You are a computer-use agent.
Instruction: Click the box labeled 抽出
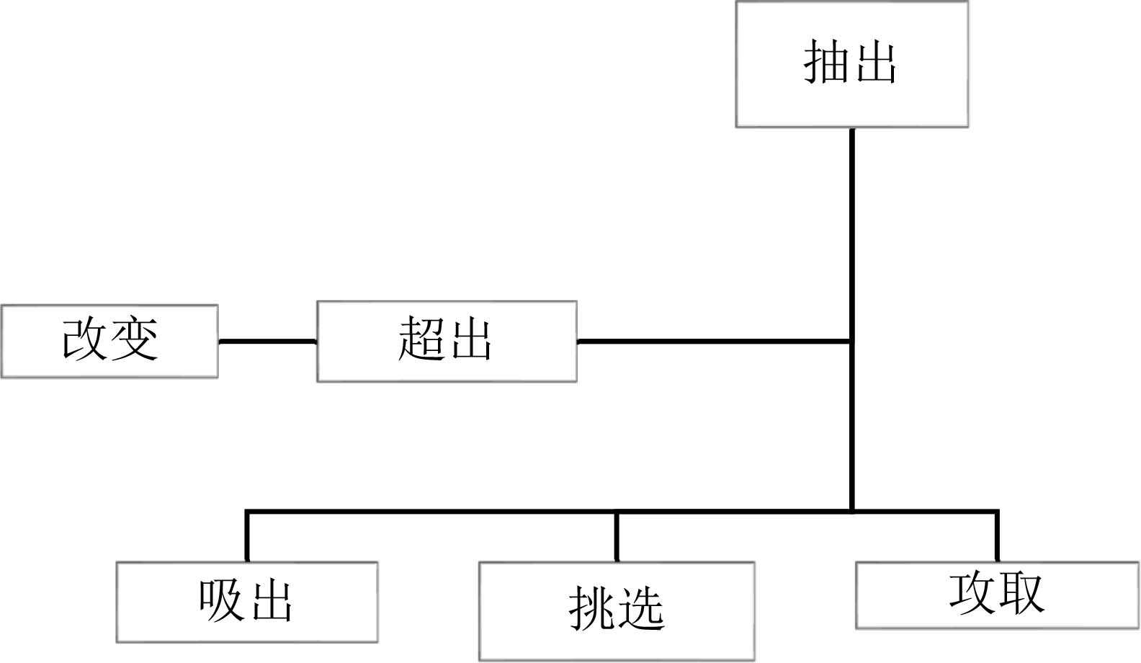(851, 65)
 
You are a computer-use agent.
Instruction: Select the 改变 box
(109, 341)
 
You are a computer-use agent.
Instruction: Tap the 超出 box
(447, 341)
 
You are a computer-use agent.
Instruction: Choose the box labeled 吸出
(247, 602)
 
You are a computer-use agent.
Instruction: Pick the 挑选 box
(617, 611)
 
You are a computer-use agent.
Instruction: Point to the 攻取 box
(997, 595)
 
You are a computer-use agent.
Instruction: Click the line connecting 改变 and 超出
(267, 341)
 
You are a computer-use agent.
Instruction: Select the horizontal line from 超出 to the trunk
(713, 341)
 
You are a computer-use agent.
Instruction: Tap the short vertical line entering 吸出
(247, 537)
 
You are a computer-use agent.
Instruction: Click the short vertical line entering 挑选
(617, 537)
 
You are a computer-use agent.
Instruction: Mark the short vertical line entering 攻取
(997, 537)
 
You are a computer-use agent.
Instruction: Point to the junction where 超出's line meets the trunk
(852, 341)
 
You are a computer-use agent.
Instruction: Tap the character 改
(86, 339)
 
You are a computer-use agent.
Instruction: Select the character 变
(134, 339)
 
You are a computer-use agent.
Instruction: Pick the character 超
(421, 339)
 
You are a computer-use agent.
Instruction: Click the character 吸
(222, 600)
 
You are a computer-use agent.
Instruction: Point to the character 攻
(972, 593)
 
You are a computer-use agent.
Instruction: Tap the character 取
(1021, 593)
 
